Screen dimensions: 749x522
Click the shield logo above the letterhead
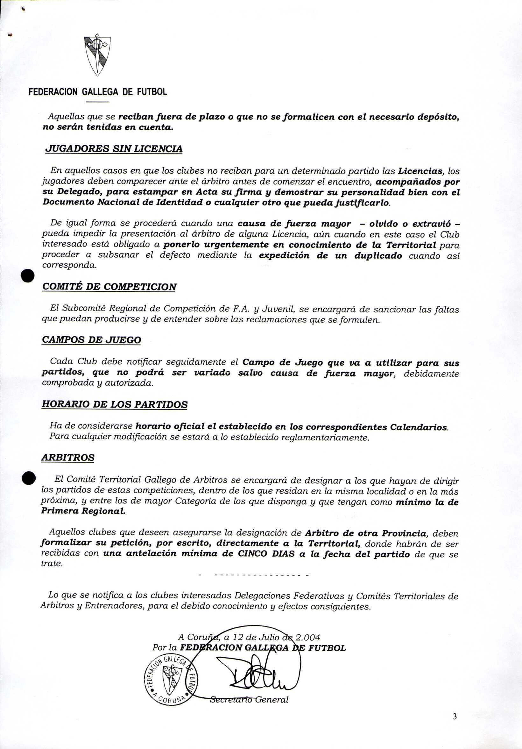point(97,54)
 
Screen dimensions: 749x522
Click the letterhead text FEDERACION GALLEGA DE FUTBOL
point(98,92)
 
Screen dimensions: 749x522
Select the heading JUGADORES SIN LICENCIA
point(114,149)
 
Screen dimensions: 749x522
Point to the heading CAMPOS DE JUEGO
point(92,340)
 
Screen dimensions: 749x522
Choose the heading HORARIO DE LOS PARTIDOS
point(115,404)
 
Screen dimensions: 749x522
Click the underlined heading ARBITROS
point(68,457)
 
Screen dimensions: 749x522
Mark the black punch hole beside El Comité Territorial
point(29,478)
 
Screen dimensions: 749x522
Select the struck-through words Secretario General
point(249,700)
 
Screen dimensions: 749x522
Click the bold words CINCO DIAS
point(266,554)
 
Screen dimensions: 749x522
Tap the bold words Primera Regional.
point(83,511)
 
